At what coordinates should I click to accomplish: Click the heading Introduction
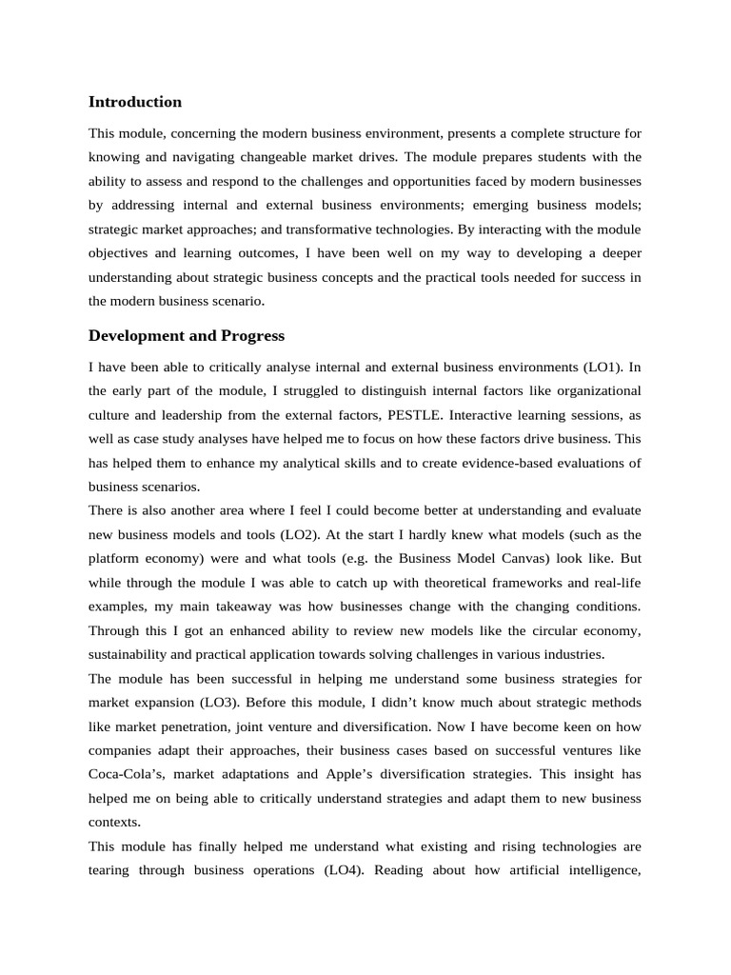point(134,102)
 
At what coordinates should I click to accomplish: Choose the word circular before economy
point(548,630)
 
